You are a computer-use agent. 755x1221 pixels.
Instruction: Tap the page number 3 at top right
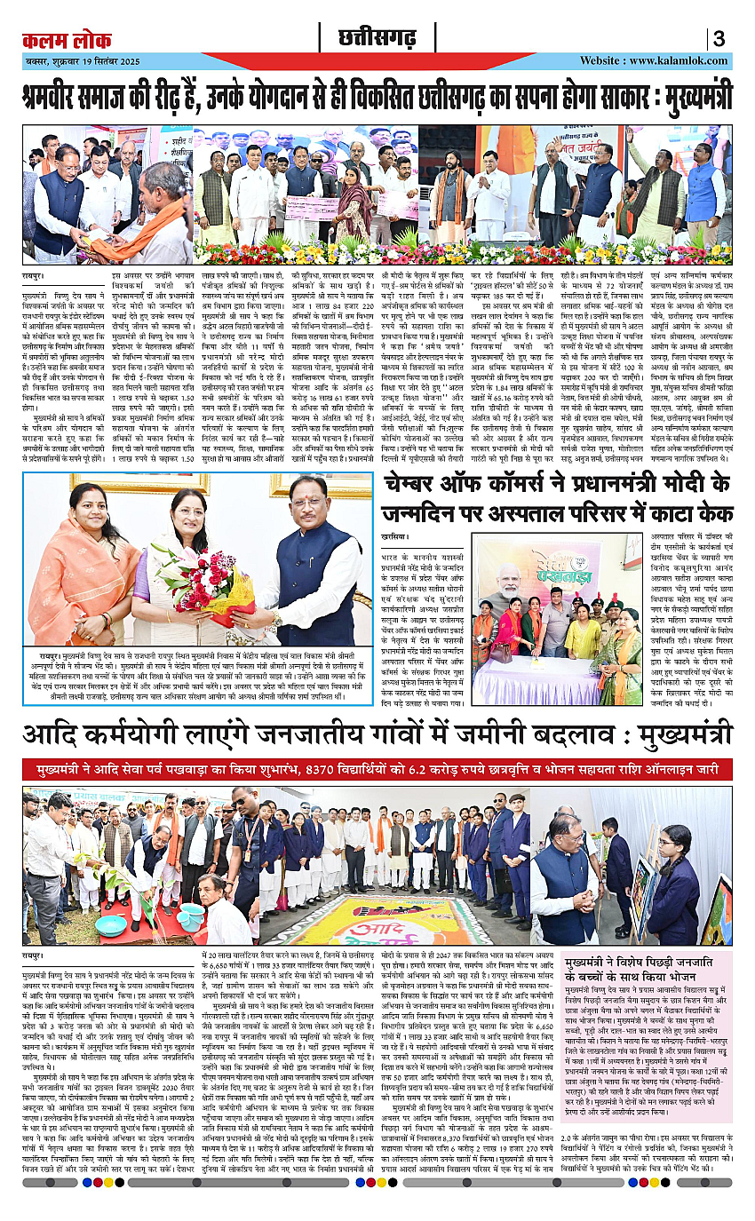point(719,39)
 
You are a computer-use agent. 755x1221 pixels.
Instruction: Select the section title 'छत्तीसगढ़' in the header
point(377,38)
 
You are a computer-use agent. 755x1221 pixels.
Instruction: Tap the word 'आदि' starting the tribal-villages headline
point(54,735)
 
